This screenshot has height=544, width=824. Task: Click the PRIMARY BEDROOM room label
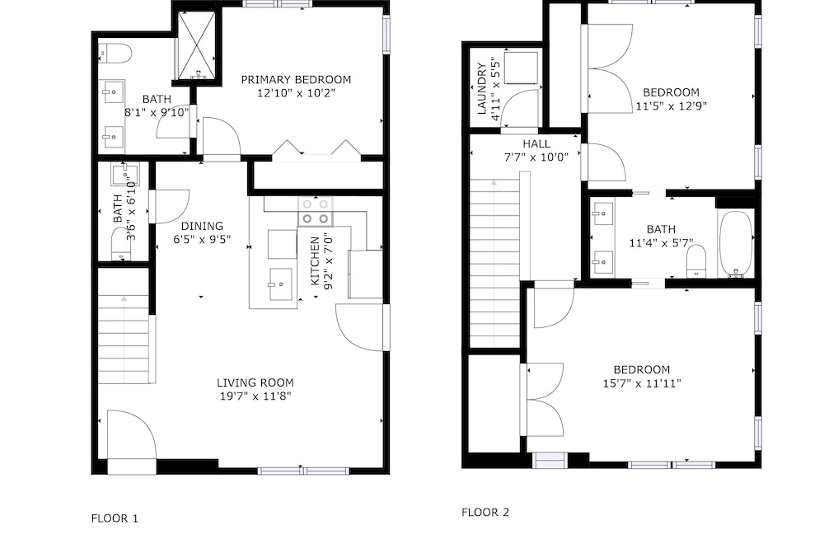296,80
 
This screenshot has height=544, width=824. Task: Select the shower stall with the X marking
195,46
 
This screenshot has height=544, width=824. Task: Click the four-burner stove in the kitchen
316,211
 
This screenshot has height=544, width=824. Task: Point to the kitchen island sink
281,284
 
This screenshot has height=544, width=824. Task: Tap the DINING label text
203,226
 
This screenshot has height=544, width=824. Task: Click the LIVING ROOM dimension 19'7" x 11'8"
255,396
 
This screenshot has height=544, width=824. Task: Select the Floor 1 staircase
124,339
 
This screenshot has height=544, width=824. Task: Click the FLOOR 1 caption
115,518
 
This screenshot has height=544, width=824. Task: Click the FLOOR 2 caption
485,513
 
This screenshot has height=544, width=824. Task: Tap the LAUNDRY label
481,89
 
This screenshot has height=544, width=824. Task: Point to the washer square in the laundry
521,68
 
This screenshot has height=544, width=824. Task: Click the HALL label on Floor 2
536,144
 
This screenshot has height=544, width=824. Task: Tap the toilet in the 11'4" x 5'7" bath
696,260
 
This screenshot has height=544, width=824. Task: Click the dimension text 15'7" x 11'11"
642,383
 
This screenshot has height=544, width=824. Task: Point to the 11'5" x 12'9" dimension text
672,106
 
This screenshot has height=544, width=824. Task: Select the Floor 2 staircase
494,263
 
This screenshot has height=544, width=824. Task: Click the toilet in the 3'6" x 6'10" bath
121,245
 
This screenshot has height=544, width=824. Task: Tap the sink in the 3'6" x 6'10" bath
125,175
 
